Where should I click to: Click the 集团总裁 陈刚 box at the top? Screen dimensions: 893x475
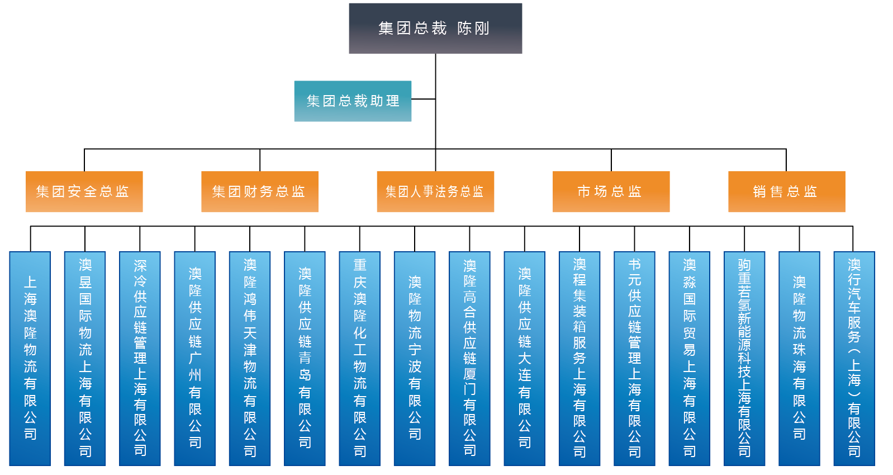(435, 29)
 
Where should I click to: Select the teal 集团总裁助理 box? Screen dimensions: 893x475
(353, 101)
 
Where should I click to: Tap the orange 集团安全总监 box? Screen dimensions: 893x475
(84, 191)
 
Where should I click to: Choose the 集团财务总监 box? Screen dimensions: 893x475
(260, 191)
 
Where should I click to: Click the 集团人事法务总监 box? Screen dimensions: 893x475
(435, 191)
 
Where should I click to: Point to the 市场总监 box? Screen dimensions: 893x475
(611, 191)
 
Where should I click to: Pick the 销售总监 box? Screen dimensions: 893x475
(787, 191)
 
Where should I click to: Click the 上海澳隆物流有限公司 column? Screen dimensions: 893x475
(30, 359)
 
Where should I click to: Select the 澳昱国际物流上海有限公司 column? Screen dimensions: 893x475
(85, 359)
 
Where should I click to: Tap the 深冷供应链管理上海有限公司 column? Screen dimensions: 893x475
(140, 359)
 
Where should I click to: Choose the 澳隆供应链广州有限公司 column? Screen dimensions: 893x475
(195, 359)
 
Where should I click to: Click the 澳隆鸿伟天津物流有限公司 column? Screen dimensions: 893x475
(250, 359)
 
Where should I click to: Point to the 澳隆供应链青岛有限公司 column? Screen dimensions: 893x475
(305, 359)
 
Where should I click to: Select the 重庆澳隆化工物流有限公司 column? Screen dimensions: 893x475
(359, 359)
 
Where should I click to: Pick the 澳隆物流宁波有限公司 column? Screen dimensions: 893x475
(415, 359)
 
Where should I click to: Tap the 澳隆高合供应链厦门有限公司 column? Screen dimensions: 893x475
(469, 359)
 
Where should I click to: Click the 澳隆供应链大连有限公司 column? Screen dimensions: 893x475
(525, 359)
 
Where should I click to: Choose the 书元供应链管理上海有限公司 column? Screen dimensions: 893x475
(635, 359)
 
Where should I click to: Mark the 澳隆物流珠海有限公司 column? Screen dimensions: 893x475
(799, 359)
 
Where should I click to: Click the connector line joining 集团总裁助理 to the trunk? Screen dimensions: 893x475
(424, 99)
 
